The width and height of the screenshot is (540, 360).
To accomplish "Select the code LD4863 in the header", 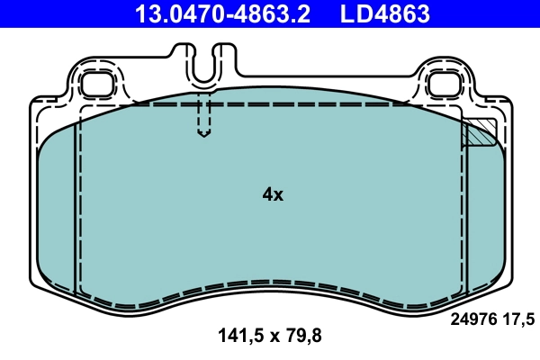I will pyautogui.click(x=383, y=14).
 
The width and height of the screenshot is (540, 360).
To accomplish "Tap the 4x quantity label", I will pyautogui.click(x=272, y=194).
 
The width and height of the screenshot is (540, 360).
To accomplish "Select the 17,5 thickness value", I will pyautogui.click(x=521, y=318).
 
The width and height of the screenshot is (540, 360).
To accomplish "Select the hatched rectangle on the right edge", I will pyautogui.click(x=479, y=133).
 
